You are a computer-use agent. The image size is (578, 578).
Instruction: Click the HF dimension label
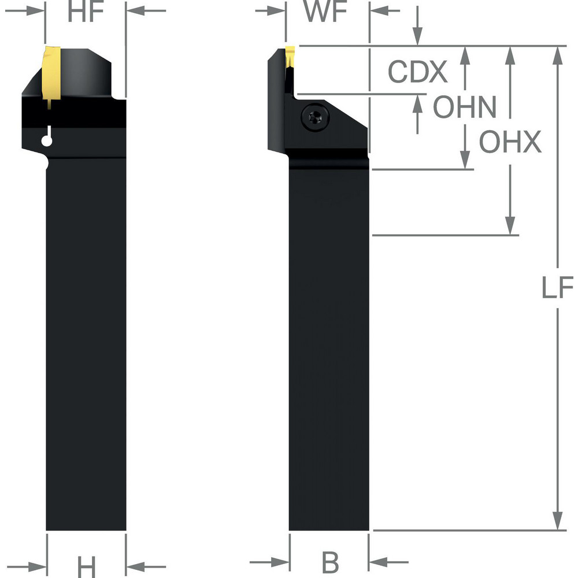point(86,12)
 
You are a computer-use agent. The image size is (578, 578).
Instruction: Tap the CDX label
point(417,72)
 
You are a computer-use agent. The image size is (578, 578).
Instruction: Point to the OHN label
point(465,108)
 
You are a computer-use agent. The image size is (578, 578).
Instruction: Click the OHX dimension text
point(510,142)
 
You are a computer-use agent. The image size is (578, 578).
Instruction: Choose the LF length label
point(557,288)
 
